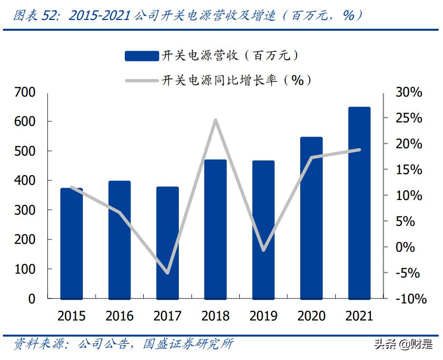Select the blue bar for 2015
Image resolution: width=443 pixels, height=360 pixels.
[72, 243]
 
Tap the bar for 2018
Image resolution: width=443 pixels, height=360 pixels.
[215, 229]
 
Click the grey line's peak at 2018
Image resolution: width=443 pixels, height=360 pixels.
[215, 120]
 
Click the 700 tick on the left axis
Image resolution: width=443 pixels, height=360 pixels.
[25, 92]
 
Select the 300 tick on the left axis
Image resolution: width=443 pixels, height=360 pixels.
[25, 210]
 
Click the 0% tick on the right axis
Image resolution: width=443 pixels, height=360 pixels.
[405, 247]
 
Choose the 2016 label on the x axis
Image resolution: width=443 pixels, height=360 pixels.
[119, 316]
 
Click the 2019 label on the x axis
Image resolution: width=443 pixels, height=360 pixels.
[264, 316]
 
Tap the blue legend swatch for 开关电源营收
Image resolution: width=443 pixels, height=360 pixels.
[141, 56]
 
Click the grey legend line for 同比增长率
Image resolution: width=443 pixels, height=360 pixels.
[141, 80]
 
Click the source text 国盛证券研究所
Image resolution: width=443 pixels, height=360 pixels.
[188, 344]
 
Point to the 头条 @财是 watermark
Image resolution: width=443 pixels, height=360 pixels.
[403, 344]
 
